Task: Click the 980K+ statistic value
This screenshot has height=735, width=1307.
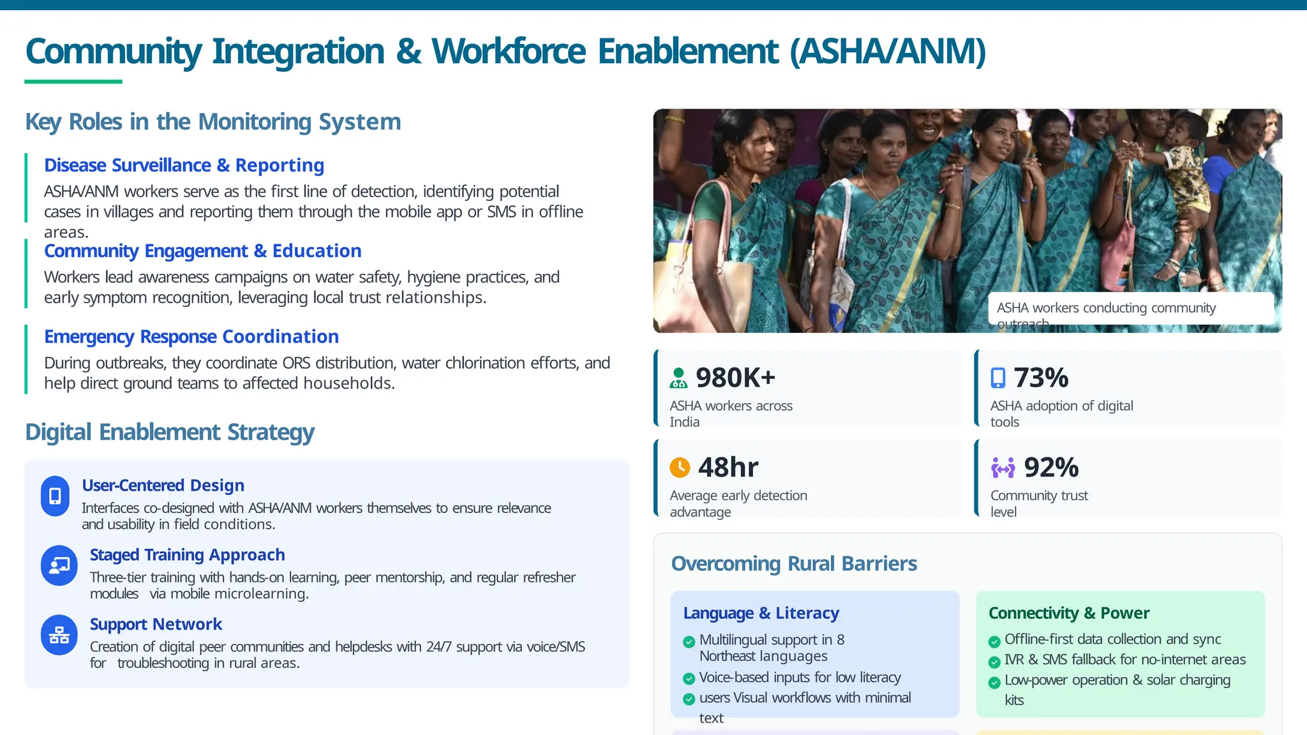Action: (x=735, y=378)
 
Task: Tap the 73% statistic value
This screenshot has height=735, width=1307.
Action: (x=1041, y=378)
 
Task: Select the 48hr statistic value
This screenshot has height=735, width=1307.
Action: (x=728, y=468)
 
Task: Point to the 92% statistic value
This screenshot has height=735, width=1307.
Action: (x=1051, y=468)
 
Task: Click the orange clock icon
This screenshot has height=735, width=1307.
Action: (x=680, y=468)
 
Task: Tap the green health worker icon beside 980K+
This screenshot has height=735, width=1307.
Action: (x=678, y=378)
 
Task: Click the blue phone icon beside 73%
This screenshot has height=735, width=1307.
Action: (x=997, y=378)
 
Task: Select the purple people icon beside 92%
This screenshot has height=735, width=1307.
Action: (x=1003, y=468)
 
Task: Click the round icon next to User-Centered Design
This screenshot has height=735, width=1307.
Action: (x=55, y=496)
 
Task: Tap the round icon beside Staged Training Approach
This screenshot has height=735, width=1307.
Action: (x=59, y=565)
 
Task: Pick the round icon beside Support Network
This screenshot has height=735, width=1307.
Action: (x=59, y=635)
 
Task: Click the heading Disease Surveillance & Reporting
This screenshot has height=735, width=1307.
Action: (x=184, y=165)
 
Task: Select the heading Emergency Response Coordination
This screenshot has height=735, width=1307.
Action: (x=191, y=336)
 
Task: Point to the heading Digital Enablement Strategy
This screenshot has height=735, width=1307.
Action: (x=170, y=432)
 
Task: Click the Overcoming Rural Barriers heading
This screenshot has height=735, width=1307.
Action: (x=794, y=564)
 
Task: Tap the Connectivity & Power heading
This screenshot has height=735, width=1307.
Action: (x=1069, y=613)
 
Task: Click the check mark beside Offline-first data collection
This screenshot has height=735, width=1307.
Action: (x=994, y=641)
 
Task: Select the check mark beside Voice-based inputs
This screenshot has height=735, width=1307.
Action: (x=689, y=678)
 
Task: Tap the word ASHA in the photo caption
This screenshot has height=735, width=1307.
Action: (x=1012, y=308)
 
